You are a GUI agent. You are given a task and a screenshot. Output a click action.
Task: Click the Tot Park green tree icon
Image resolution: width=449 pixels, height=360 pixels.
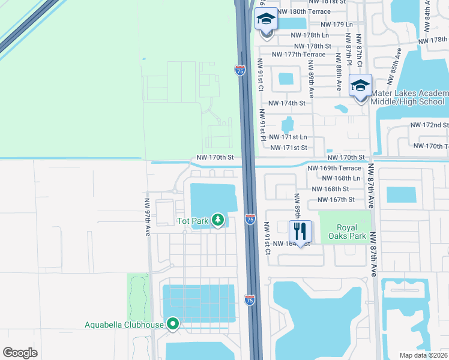pos(217,221)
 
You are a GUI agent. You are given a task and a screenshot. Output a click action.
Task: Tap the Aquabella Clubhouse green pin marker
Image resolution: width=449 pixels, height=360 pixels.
pos(173,325)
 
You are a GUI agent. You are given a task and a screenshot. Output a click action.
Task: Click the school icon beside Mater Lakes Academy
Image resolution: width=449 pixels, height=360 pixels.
pos(360,86)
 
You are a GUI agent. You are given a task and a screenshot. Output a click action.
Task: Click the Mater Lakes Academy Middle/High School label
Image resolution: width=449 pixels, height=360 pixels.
pos(409,98)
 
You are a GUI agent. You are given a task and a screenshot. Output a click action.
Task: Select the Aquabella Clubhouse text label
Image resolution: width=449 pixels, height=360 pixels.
pos(124,325)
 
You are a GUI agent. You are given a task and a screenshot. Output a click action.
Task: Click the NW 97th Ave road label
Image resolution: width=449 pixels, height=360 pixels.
pos(147,217)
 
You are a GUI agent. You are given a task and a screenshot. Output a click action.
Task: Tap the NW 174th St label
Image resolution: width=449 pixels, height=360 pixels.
pos(287,103)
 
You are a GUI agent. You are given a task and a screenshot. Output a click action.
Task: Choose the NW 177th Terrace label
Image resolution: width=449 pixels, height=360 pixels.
pos(298,54)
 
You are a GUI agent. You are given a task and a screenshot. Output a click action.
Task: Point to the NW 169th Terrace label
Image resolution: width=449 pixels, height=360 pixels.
pos(334,169)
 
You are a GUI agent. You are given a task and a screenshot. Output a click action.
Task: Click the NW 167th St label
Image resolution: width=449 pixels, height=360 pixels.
pos(336,199)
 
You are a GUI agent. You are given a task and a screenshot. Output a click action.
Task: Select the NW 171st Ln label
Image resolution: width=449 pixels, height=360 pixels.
pos(289,137)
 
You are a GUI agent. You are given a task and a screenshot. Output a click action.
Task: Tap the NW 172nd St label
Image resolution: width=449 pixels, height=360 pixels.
pos(429,125)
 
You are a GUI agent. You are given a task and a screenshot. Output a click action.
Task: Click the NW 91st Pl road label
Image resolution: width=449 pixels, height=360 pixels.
pos(262,125)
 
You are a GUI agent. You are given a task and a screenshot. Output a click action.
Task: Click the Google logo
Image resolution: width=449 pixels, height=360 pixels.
pos(20,352)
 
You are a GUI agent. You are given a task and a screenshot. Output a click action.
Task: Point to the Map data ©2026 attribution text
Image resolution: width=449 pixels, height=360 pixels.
pos(423,355)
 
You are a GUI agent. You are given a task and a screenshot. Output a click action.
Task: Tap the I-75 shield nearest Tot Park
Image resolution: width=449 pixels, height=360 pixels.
pos(250,219)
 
